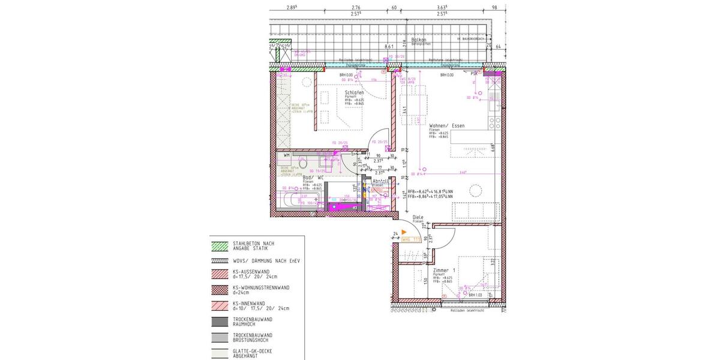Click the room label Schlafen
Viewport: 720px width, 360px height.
pyautogui.click(x=353, y=93)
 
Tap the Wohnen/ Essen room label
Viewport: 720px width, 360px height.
pyautogui.click(x=446, y=125)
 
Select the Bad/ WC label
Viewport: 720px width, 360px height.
pyautogui.click(x=313, y=178)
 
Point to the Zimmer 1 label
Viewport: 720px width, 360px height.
pyautogui.click(x=445, y=271)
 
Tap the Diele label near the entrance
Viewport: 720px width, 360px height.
pyautogui.click(x=418, y=217)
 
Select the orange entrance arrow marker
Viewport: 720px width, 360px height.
pyautogui.click(x=405, y=232)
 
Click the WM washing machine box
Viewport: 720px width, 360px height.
pyautogui.click(x=287, y=155)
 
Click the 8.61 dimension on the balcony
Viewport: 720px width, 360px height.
pyautogui.click(x=388, y=46)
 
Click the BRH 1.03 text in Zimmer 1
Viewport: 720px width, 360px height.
pyautogui.click(x=475, y=295)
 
